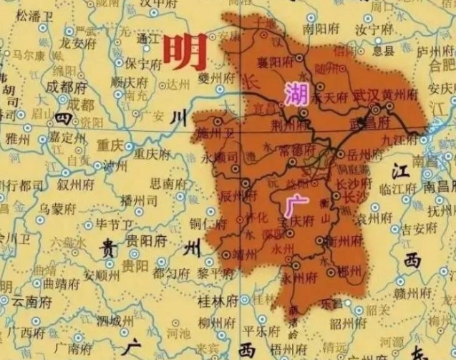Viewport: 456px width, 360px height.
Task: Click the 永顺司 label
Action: [x=218, y=155]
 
